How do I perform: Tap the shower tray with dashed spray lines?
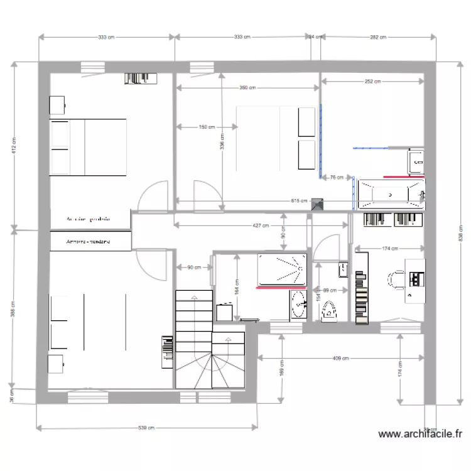(x=282, y=270)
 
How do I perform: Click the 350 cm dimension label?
(x=247, y=88)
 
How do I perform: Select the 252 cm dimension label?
(x=372, y=82)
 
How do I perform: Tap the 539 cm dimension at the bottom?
(x=146, y=428)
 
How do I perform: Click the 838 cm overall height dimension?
(x=461, y=234)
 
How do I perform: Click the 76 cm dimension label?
(x=337, y=178)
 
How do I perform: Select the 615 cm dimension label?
(x=299, y=201)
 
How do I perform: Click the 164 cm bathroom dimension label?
(x=237, y=287)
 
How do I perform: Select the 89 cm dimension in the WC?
(x=329, y=290)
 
